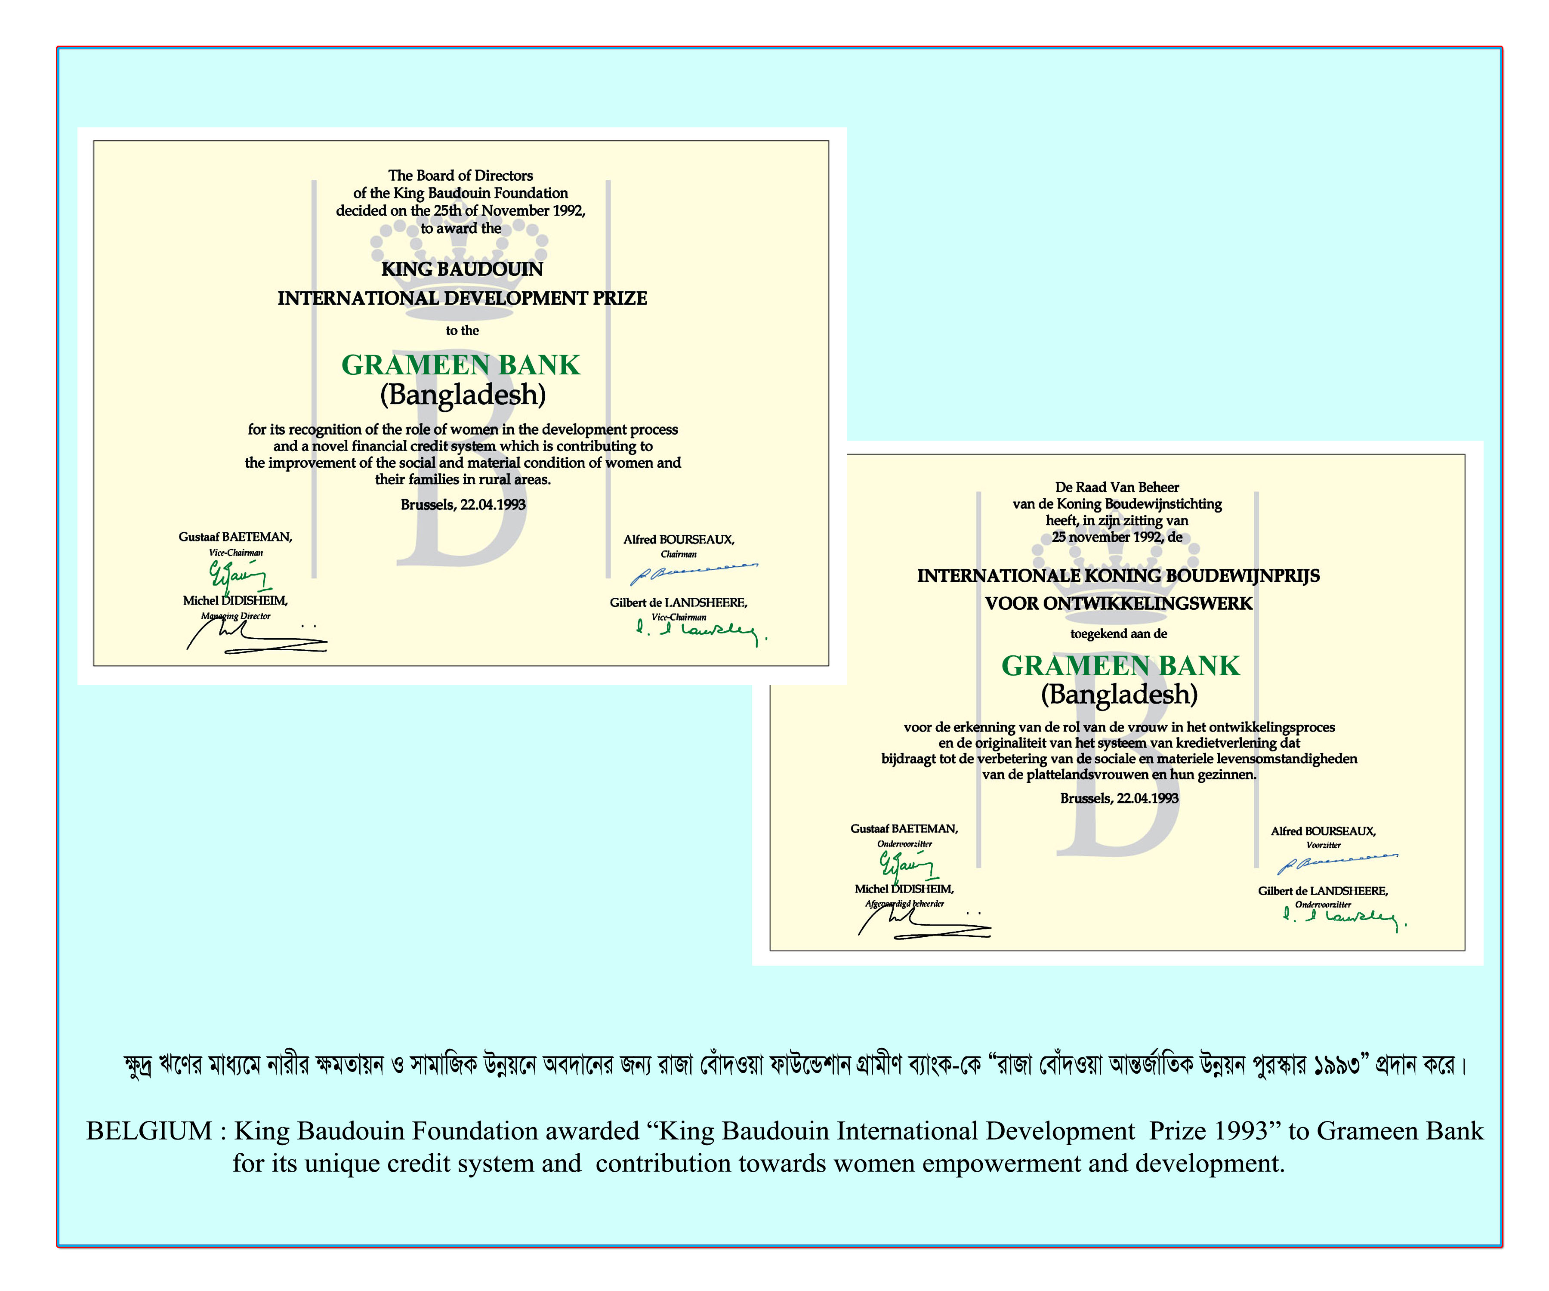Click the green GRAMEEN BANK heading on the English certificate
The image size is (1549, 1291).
[x=460, y=365]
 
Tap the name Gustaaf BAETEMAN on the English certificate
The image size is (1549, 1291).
[x=235, y=537]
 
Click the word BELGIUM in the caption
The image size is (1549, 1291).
[x=149, y=1131]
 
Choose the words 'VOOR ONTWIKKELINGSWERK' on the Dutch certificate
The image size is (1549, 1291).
[x=1118, y=603]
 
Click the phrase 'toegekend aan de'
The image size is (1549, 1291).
[x=1118, y=634]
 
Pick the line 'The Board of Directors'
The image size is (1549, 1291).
[x=460, y=176]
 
